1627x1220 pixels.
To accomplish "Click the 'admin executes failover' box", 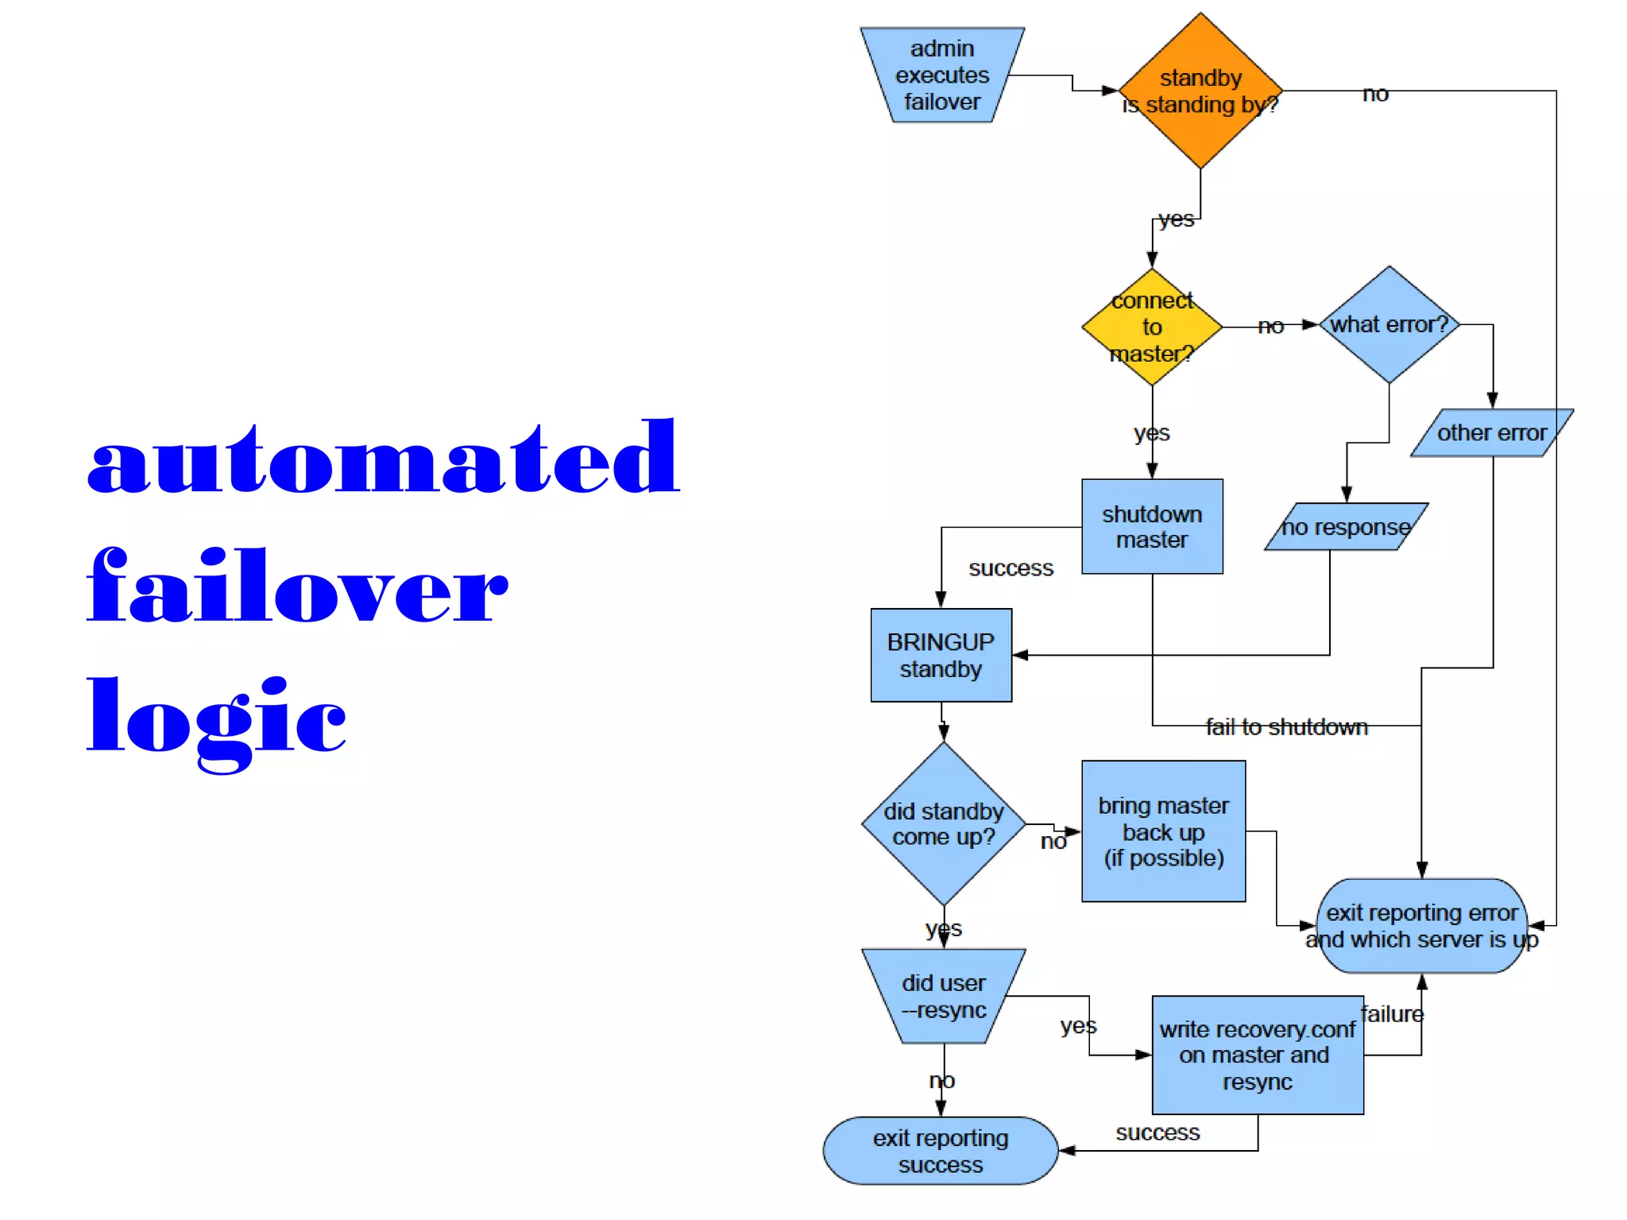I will click(x=941, y=76).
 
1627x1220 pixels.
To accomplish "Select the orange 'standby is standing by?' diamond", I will click(x=1200, y=91).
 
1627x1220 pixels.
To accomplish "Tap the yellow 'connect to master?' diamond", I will click(x=1151, y=327).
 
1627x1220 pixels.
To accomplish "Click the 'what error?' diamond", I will click(x=1388, y=324).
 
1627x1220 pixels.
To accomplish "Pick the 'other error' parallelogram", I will click(x=1491, y=432).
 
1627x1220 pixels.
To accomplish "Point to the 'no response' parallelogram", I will click(x=1346, y=526).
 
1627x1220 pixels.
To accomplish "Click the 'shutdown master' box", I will click(x=1151, y=526).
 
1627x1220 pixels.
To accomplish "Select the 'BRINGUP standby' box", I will click(x=941, y=655).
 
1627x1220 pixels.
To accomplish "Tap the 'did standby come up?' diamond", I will click(x=943, y=823).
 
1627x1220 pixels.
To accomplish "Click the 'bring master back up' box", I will click(x=1163, y=831).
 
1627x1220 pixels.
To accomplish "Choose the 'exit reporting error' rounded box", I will click(x=1421, y=925).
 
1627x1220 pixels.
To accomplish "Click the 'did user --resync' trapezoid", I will click(x=943, y=996).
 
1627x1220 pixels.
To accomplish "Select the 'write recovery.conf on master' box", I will click(x=1257, y=1055).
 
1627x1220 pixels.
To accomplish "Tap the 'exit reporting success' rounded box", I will click(x=940, y=1150).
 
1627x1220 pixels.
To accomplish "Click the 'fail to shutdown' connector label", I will click(x=1286, y=726).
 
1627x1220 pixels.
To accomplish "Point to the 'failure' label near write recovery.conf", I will click(x=1392, y=1014).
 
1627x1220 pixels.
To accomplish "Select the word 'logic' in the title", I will click(x=216, y=718).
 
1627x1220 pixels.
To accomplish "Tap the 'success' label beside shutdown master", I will click(x=1011, y=568).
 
